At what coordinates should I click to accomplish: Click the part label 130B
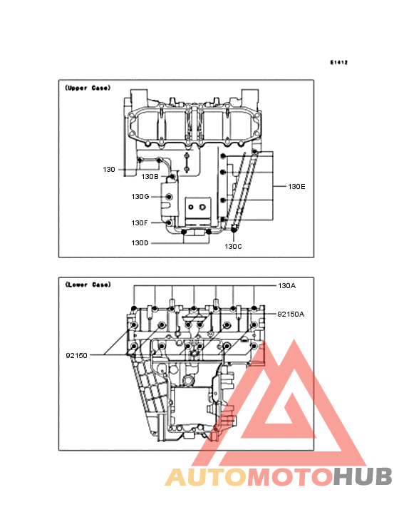[x=150, y=177]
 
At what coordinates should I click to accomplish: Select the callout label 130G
[x=140, y=197]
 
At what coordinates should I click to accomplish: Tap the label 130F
[x=140, y=223]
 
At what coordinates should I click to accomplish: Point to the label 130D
[x=140, y=243]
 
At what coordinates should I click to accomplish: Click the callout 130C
[x=234, y=247]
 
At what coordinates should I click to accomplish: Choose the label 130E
[x=296, y=187]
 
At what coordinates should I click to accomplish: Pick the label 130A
[x=287, y=286]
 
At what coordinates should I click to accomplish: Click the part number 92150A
[x=291, y=314]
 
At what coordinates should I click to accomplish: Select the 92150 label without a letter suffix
[x=76, y=356]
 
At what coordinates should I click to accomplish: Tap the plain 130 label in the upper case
[x=109, y=170]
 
